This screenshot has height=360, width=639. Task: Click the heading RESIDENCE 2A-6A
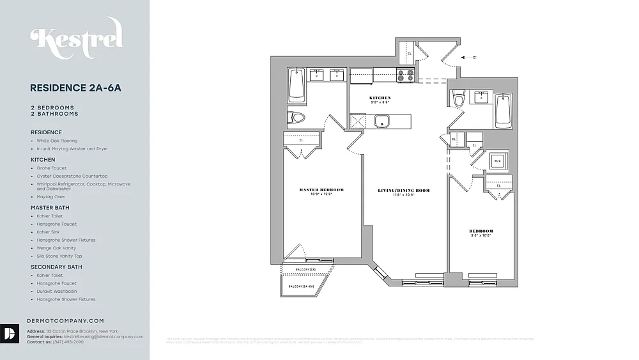[x=75, y=88]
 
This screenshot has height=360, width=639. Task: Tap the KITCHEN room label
[x=380, y=98]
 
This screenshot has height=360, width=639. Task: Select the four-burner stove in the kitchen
[x=405, y=75]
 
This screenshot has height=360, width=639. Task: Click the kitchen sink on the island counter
[x=382, y=121]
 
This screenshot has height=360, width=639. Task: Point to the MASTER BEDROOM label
[x=321, y=189]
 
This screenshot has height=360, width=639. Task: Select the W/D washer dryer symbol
[x=497, y=160]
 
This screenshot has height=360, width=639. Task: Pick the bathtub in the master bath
[x=296, y=84]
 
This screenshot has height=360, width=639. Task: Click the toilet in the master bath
[x=296, y=117]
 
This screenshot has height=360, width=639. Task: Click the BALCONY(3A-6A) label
[x=301, y=286]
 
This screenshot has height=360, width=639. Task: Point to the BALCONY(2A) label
[x=305, y=269]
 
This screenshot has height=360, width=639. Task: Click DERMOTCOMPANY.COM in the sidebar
[x=65, y=321]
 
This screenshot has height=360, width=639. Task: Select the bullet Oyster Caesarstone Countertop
[x=72, y=176]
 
